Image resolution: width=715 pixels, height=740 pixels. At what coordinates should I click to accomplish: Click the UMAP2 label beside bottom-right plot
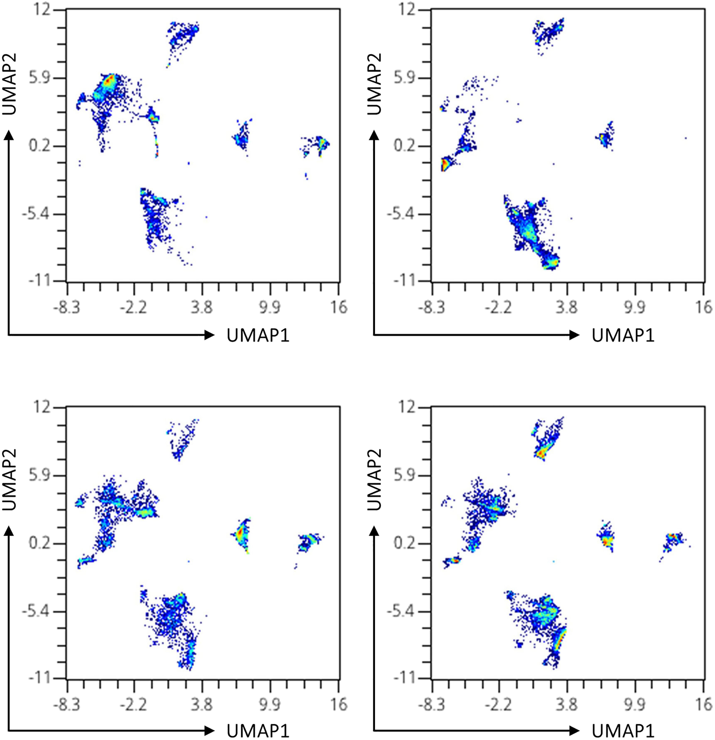[374, 480]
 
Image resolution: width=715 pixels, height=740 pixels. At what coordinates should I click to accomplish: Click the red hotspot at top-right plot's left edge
[445, 165]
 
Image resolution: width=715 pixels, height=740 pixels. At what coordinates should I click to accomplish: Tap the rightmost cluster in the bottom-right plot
[673, 539]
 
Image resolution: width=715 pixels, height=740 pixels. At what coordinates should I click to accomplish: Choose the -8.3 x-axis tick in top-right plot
[432, 307]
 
